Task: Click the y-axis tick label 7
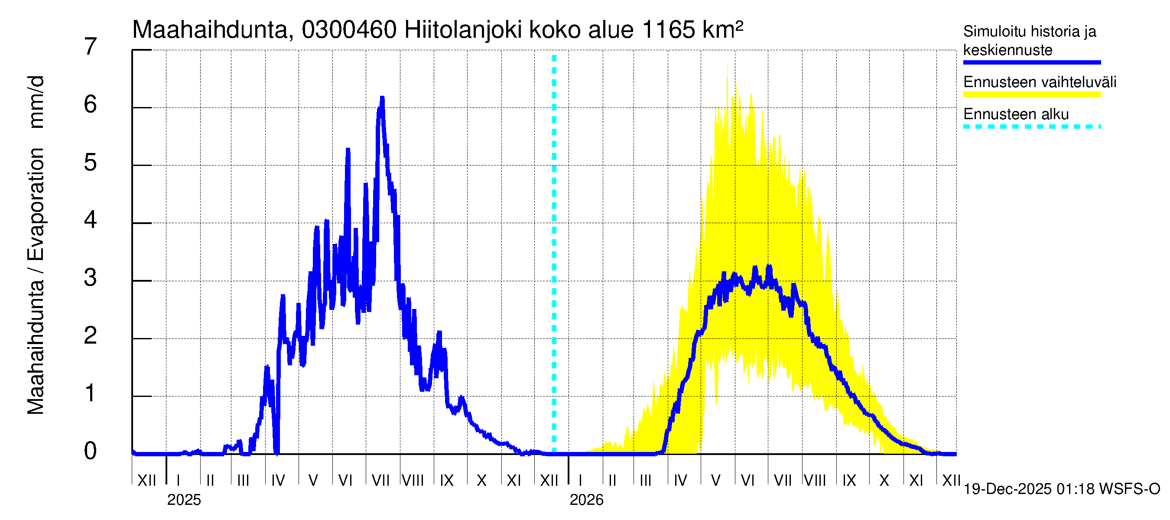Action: point(91,47)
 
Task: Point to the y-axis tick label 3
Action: point(91,277)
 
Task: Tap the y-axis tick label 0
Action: point(91,451)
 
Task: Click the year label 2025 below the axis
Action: point(184,500)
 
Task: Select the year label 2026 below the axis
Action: point(586,500)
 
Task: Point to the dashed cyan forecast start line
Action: point(554,254)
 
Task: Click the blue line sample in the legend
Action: point(1031,62)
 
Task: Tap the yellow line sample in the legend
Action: point(1031,94)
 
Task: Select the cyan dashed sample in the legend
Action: point(1031,127)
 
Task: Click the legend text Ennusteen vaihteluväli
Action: point(1040,82)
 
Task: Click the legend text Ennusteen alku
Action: point(1016,114)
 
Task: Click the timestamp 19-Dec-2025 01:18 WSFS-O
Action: point(1061,489)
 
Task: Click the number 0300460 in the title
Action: point(349,30)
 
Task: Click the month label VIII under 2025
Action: point(413,481)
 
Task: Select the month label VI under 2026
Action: point(747,481)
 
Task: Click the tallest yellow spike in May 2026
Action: point(727,64)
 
